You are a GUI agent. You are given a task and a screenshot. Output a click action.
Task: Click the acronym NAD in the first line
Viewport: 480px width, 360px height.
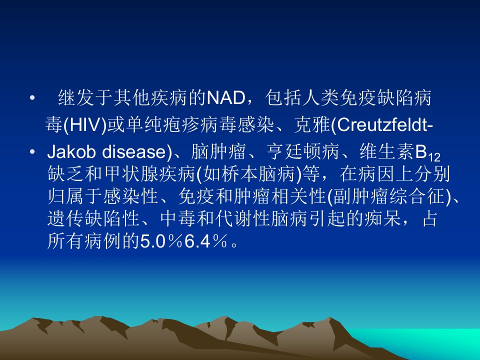click(225, 98)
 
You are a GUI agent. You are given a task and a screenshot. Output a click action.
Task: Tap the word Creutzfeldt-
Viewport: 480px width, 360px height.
click(385, 125)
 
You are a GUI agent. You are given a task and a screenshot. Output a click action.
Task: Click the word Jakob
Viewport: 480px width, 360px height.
click(71, 151)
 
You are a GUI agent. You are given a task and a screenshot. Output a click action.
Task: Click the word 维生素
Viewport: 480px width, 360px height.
click(387, 151)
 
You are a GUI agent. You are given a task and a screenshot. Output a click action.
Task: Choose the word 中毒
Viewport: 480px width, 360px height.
click(178, 218)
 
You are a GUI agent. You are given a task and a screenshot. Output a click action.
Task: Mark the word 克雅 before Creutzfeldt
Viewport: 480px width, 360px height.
click(311, 125)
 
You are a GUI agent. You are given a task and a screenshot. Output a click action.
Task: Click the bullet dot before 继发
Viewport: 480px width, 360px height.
click(32, 98)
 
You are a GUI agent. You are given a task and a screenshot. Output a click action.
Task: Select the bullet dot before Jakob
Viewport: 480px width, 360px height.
click(32, 151)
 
